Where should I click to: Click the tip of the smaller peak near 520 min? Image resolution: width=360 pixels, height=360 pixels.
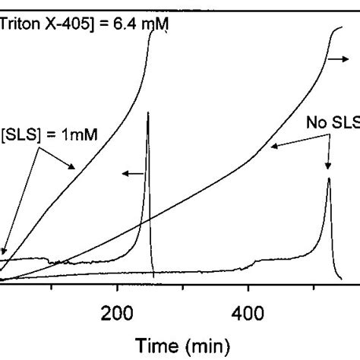point(328,178)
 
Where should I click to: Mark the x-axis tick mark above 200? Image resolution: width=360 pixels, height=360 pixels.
point(117,286)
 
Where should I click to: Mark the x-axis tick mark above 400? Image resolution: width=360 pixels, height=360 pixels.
point(248,286)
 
